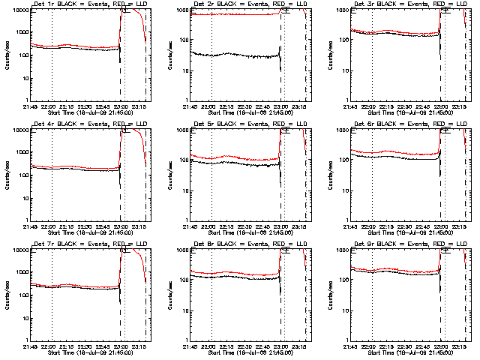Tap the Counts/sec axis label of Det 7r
click(7, 295)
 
